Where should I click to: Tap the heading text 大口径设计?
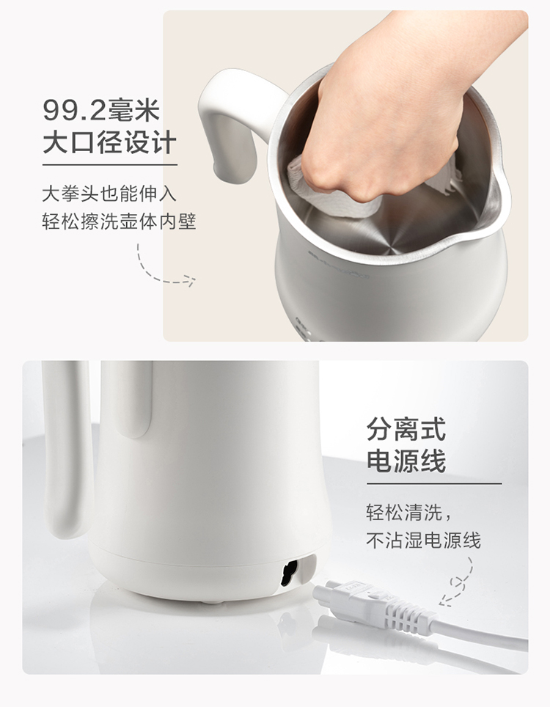(109, 142)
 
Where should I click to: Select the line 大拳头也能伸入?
(109, 194)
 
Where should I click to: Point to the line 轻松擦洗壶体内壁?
(119, 221)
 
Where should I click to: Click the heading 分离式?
(406, 429)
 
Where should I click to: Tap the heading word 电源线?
(406, 461)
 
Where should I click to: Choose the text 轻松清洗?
(408, 513)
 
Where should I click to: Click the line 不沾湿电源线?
(423, 540)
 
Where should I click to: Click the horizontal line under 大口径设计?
(110, 164)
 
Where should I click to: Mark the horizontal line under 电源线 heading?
(434, 483)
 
